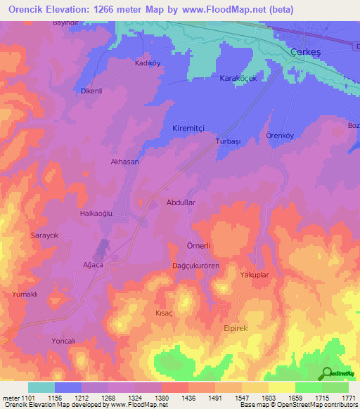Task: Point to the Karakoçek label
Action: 240,77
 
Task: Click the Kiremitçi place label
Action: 188,129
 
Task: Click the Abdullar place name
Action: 180,202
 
